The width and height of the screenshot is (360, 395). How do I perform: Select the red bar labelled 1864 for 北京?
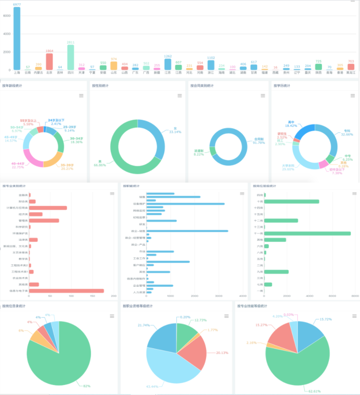[49, 62]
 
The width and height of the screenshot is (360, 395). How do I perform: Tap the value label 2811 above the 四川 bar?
[70, 42]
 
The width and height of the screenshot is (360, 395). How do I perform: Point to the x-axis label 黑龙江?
[351, 73]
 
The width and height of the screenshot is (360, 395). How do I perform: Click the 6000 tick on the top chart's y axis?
[7, 16]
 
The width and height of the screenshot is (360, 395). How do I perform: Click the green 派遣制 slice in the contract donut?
[213, 151]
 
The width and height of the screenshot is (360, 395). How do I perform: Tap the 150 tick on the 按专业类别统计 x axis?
[92, 297]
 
